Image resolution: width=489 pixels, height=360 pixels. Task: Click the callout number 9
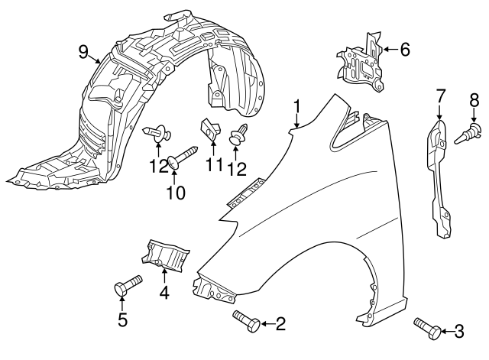coord(83,52)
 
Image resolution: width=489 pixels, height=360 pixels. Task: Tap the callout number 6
coord(405,49)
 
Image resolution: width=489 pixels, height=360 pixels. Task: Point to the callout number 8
coord(474,100)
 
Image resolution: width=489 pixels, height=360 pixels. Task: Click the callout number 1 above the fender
coord(297,107)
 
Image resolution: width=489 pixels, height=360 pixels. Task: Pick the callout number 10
coord(176,193)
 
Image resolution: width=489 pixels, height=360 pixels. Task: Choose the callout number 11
coord(214,164)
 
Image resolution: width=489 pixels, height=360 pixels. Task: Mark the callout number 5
coord(122,319)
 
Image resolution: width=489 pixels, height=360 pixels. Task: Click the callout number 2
coord(280,324)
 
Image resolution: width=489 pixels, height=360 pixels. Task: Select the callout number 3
coord(458,331)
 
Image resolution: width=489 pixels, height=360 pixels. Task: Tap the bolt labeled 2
coord(247,321)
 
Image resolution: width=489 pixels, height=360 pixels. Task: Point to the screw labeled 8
coord(468,133)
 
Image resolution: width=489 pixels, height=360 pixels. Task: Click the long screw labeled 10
coord(183,157)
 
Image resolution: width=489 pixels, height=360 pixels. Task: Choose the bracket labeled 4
coord(165,254)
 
